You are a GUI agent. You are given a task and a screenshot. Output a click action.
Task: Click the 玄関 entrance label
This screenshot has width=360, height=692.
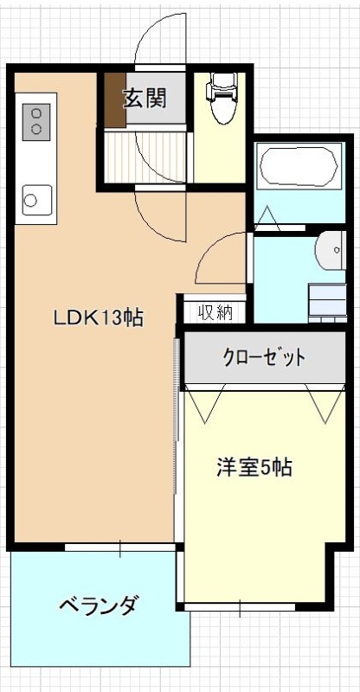(145, 98)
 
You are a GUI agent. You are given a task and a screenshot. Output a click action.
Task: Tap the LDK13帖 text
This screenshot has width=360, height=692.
(98, 317)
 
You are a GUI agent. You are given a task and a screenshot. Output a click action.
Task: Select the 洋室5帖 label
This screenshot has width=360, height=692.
(254, 467)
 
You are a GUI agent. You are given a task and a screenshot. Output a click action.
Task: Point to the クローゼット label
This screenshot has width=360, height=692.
(264, 356)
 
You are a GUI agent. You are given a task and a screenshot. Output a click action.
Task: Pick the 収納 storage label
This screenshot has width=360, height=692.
(215, 312)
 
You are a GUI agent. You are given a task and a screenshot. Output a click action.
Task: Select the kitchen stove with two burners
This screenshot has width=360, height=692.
(36, 122)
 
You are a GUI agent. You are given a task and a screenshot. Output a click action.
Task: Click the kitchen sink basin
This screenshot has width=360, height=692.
(36, 200)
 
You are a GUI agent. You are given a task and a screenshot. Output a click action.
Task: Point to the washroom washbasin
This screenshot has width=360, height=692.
(330, 250)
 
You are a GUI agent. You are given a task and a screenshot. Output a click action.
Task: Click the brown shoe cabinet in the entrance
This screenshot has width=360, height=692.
(115, 99)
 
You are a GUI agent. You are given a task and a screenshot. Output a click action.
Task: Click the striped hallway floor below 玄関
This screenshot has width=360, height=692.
(145, 157)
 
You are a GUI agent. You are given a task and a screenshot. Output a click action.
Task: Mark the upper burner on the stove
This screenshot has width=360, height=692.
(36, 113)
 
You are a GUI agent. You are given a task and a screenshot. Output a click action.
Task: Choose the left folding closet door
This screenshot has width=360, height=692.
(204, 403)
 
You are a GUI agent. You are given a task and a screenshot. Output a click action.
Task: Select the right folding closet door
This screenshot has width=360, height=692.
(325, 403)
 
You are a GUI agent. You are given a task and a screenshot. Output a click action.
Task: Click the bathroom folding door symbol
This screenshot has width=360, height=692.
(267, 218)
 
